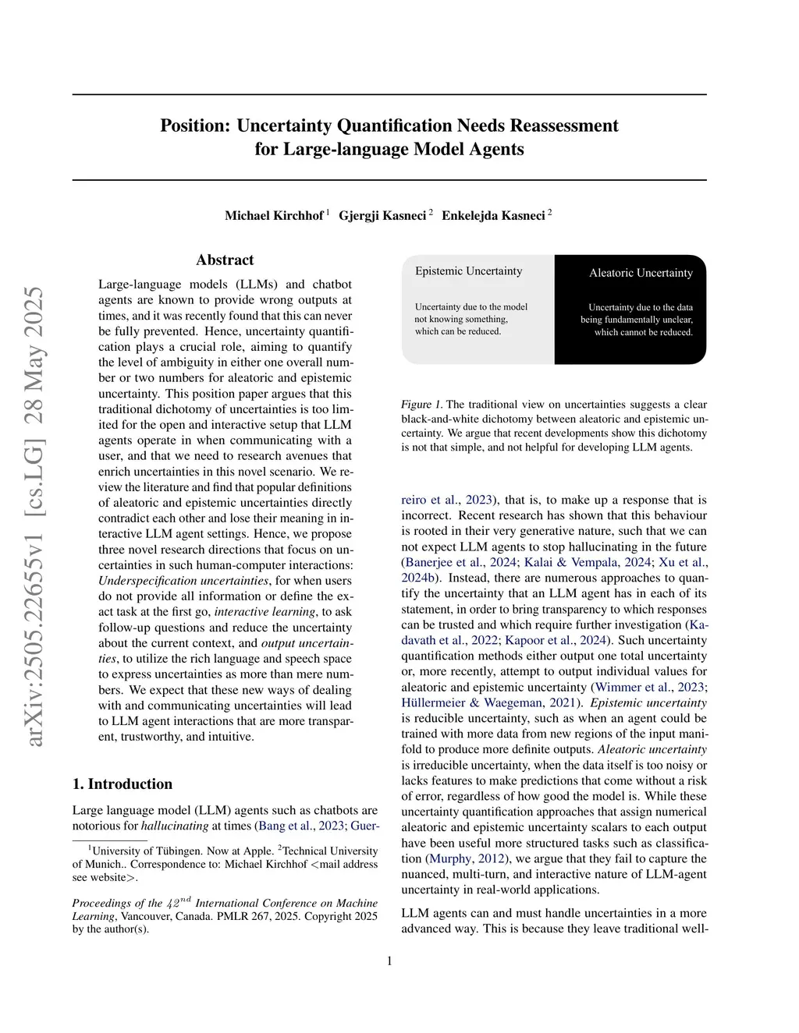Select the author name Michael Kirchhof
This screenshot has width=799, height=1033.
(274, 215)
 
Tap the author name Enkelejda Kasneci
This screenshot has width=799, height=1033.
(493, 215)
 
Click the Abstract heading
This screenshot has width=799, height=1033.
(225, 260)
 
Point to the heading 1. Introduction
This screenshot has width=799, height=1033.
(123, 784)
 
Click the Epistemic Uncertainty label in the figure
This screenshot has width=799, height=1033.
(468, 271)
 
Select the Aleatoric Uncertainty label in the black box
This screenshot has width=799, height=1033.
(641, 273)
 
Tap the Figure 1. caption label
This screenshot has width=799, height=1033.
(421, 404)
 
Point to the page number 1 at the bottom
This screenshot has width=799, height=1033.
(389, 960)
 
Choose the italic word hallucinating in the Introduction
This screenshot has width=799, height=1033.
(175, 826)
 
